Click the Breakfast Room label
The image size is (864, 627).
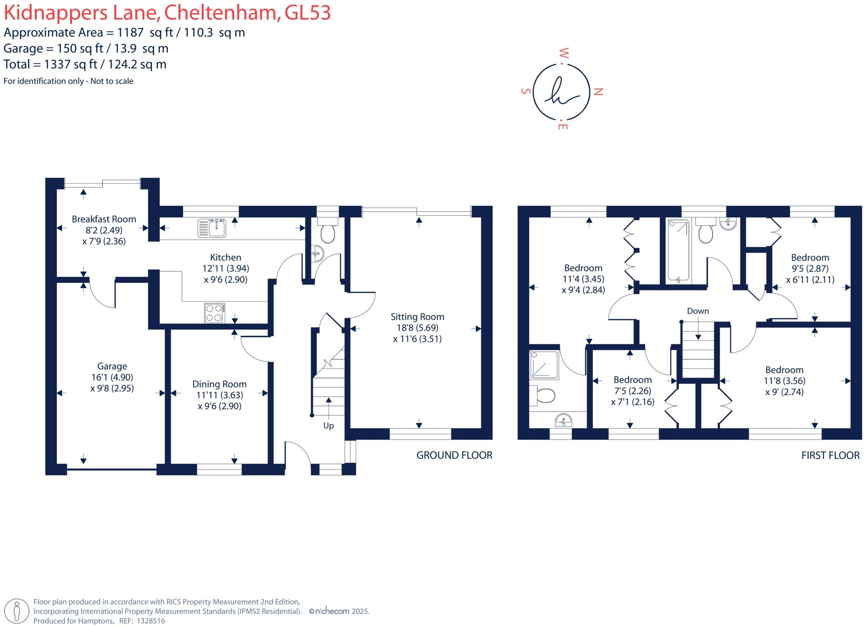click(x=104, y=219)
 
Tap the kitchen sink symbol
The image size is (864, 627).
click(x=212, y=228)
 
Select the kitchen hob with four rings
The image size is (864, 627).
click(x=214, y=313)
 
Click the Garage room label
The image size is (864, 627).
click(x=112, y=366)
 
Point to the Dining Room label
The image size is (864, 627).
click(x=219, y=384)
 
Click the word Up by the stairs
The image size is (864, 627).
click(x=328, y=426)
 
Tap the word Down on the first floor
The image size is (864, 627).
click(x=698, y=311)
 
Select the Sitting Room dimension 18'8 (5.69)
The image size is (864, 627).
click(x=417, y=328)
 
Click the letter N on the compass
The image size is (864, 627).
click(x=598, y=92)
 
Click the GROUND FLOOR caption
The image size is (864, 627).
click(x=454, y=455)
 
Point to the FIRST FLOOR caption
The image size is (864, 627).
click(x=830, y=455)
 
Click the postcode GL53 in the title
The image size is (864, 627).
click(x=308, y=13)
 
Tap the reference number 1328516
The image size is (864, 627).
click(x=151, y=621)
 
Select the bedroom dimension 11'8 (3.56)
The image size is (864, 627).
click(x=784, y=381)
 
